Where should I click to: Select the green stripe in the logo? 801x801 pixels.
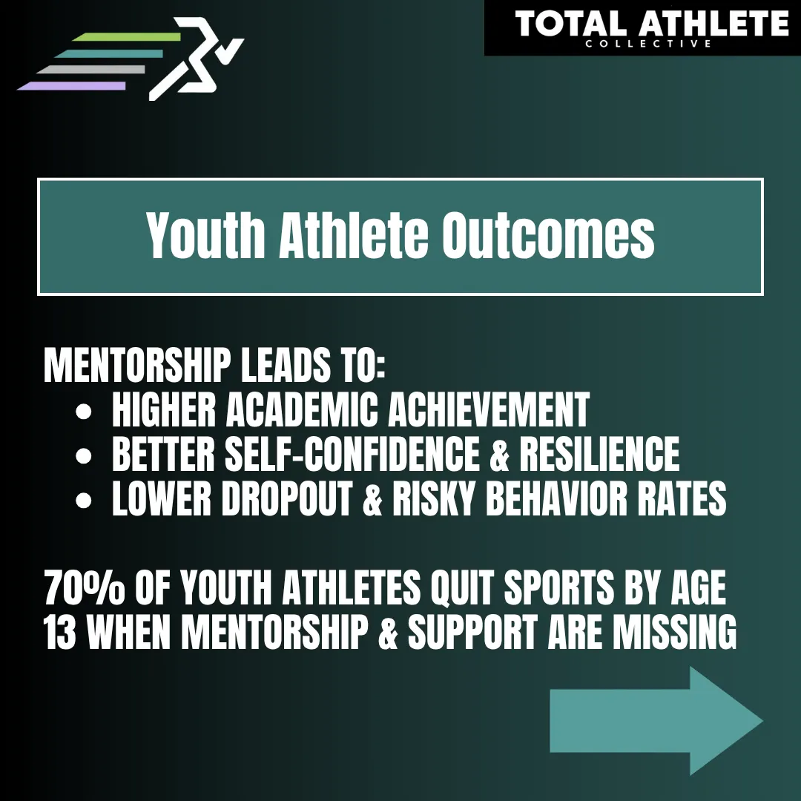(126, 37)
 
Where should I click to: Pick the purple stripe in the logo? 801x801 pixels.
(71, 86)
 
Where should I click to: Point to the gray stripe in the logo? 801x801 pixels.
(91, 70)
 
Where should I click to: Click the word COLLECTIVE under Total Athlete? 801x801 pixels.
(648, 44)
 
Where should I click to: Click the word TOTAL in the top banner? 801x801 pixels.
(570, 24)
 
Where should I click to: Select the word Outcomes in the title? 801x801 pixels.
(548, 236)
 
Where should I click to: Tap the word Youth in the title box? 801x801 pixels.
(205, 236)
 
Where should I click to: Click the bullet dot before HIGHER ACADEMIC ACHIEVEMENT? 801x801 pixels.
(83, 411)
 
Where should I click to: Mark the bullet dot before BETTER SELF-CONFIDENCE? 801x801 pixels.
(83, 455)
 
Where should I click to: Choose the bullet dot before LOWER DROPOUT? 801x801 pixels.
(83, 500)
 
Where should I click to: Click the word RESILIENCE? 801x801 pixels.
(600, 454)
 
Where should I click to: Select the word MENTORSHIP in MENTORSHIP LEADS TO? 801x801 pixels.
(137, 365)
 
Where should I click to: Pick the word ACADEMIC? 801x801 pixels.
(302, 409)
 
